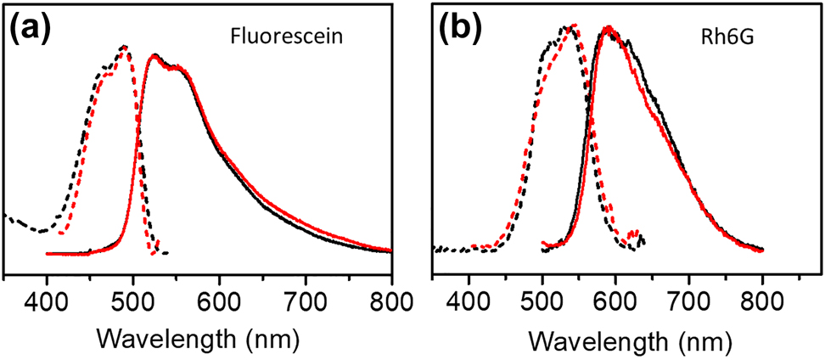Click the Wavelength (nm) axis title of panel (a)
coord(197,338)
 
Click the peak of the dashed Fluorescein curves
coord(126,47)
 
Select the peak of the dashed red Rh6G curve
coord(575,25)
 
